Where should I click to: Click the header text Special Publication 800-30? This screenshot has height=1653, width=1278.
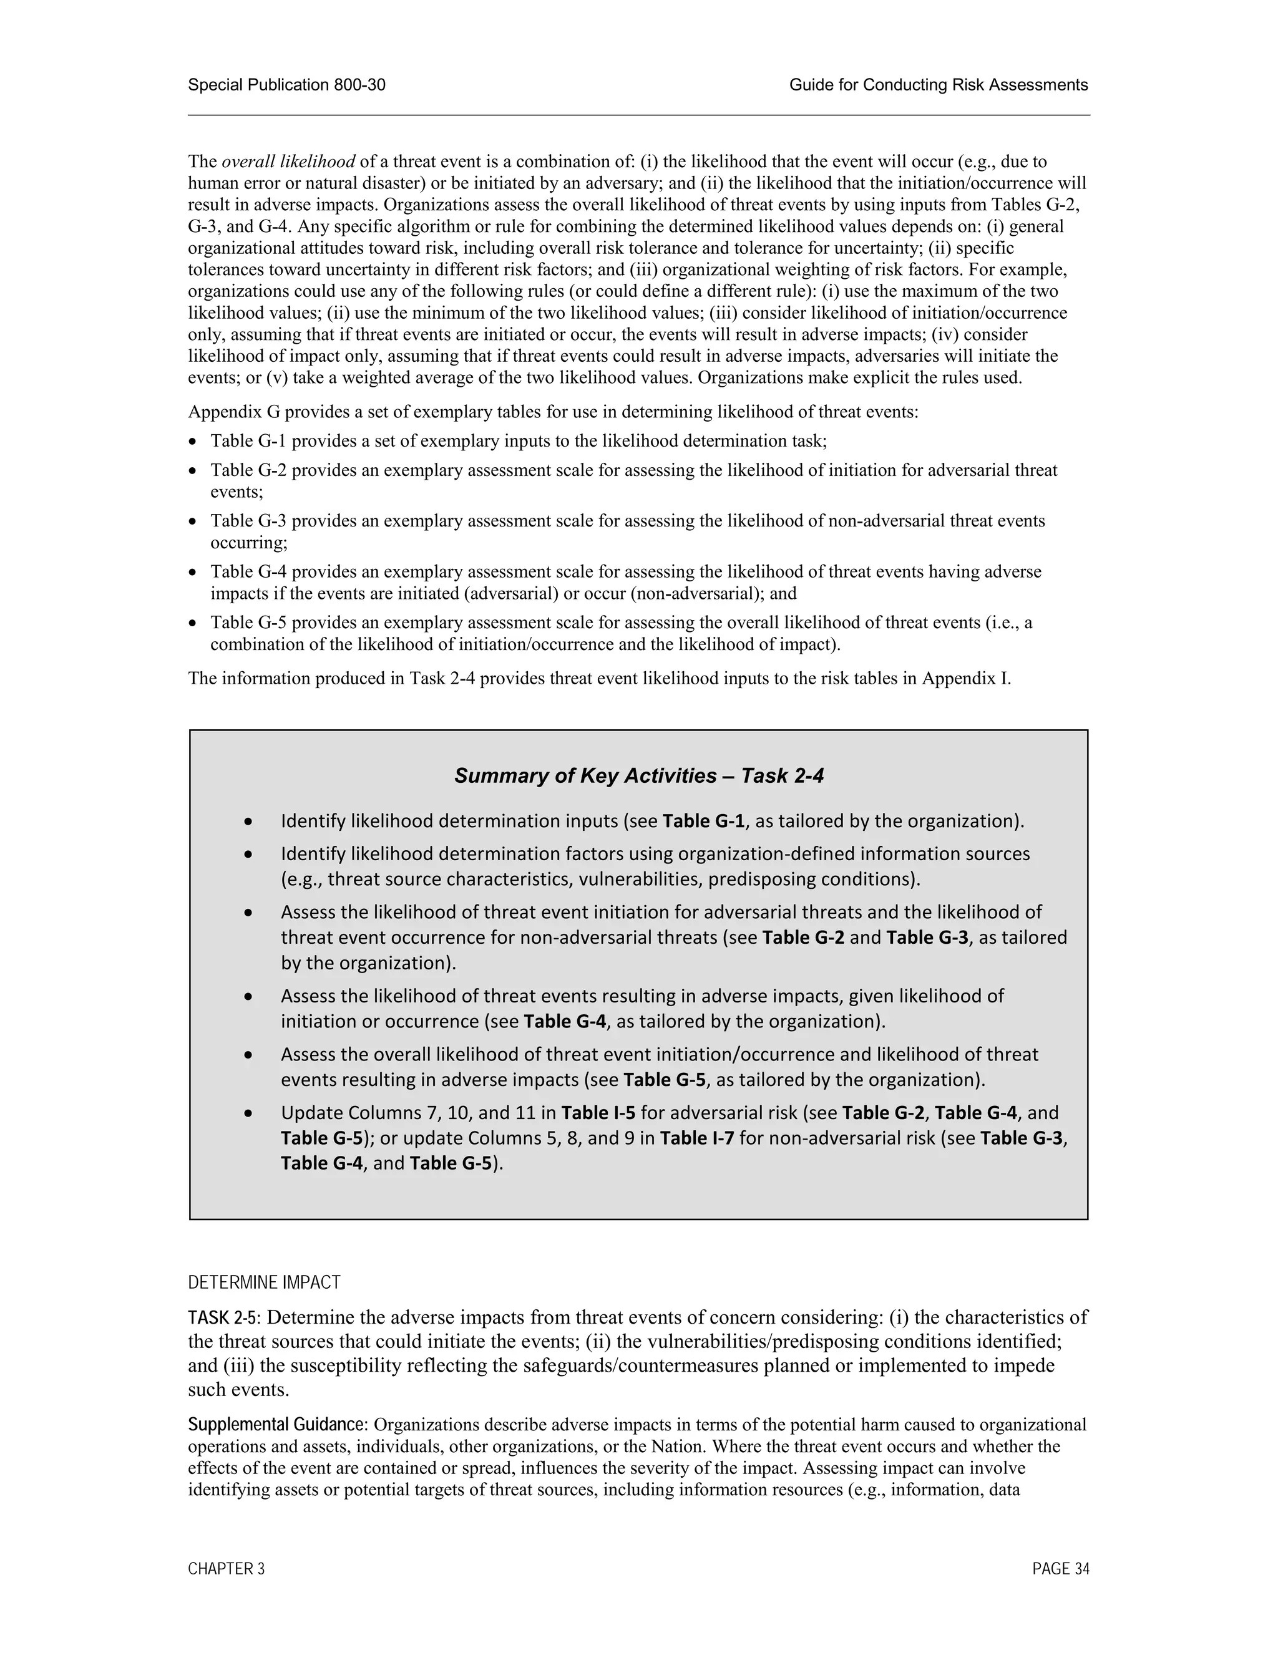286,85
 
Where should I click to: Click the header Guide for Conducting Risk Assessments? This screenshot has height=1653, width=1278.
938,85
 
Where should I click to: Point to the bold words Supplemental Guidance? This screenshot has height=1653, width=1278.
277,1425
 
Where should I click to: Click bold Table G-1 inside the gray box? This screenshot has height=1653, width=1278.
703,822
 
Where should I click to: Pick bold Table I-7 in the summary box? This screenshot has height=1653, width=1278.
696,1138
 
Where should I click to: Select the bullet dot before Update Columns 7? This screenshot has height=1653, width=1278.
248,1113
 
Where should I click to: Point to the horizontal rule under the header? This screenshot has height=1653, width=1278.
638,115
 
